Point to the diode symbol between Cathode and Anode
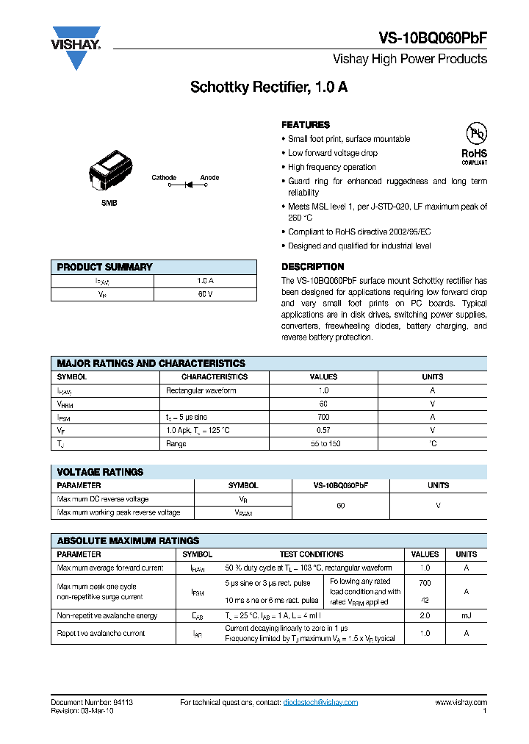tap(187, 185)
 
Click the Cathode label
tap(164, 177)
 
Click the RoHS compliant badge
tap(475, 143)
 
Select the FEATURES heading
tap(306, 125)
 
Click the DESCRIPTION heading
tap(312, 267)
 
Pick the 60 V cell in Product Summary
tap(205, 294)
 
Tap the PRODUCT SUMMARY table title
tap(105, 267)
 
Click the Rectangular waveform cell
tap(197, 390)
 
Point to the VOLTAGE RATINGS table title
tap(101, 472)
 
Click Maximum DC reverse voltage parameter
tap(103, 499)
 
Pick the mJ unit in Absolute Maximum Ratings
tap(466, 615)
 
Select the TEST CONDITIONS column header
tap(311, 554)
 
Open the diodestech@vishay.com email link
tap(320, 703)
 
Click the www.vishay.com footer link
tap(461, 703)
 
